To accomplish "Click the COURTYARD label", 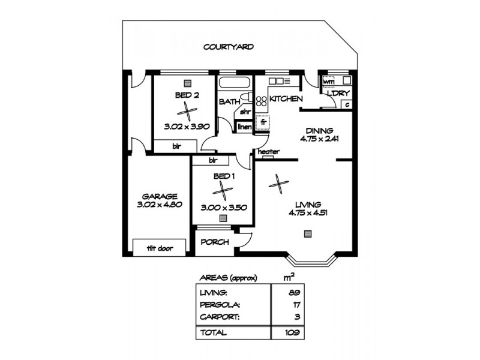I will coord(228,46).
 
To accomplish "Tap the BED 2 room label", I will coord(188,95).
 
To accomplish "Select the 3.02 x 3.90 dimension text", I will coord(187,127).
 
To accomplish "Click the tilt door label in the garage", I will coord(157,247).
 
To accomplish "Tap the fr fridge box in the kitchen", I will coord(263,122).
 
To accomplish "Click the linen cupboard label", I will coord(244,127).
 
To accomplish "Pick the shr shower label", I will coord(245,112).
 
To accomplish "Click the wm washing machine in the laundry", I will coord(329,82).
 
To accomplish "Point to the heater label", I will coord(268,152).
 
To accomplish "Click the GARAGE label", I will coord(159,196).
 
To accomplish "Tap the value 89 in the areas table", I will coord(293,293).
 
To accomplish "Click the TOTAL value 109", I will coord(292,332).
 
